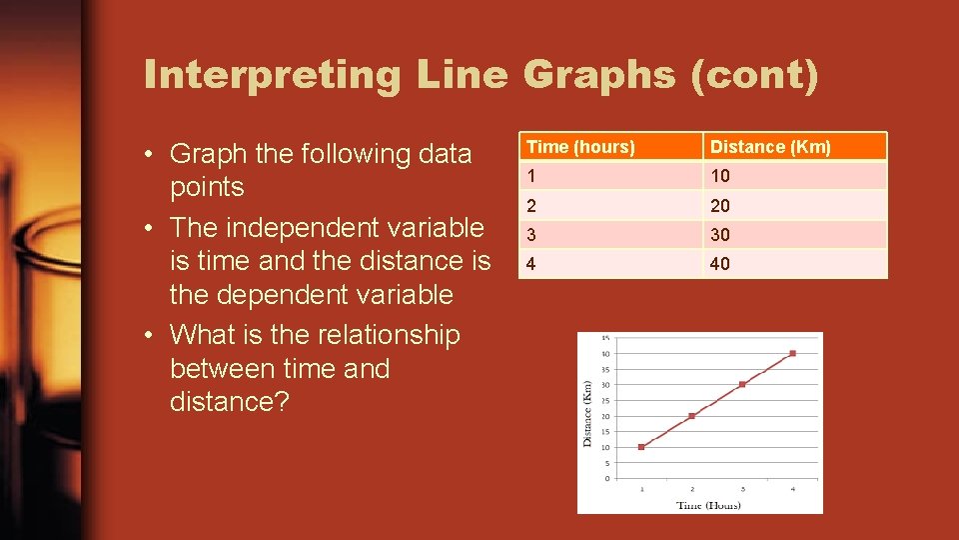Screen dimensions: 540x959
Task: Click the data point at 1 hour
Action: pyautogui.click(x=641, y=447)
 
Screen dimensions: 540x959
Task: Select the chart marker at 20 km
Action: pyautogui.click(x=691, y=416)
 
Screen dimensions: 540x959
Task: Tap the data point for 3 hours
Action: pyautogui.click(x=742, y=384)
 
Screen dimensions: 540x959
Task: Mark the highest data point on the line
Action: pyautogui.click(x=792, y=353)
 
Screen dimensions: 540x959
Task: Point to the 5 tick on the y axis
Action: pyautogui.click(x=607, y=463)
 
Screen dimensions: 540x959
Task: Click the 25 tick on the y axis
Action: pyautogui.click(x=607, y=400)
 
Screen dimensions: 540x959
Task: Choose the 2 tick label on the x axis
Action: pyautogui.click(x=691, y=489)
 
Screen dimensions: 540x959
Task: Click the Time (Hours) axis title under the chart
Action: pyautogui.click(x=708, y=504)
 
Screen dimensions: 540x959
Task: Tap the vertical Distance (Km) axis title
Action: pyautogui.click(x=588, y=412)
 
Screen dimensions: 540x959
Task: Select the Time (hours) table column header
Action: pyautogui.click(x=580, y=147)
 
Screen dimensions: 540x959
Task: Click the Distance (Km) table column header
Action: pyautogui.click(x=770, y=147)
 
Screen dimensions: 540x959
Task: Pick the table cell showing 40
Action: pyautogui.click(x=719, y=264)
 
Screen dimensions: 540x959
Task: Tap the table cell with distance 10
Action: pyautogui.click(x=719, y=176)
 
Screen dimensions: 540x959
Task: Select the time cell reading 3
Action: pyautogui.click(x=532, y=235)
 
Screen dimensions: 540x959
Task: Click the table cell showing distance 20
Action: pyautogui.click(x=719, y=205)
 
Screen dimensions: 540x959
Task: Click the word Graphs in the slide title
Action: pyautogui.click(x=598, y=76)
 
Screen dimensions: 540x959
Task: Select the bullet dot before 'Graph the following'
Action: pyautogui.click(x=147, y=155)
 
